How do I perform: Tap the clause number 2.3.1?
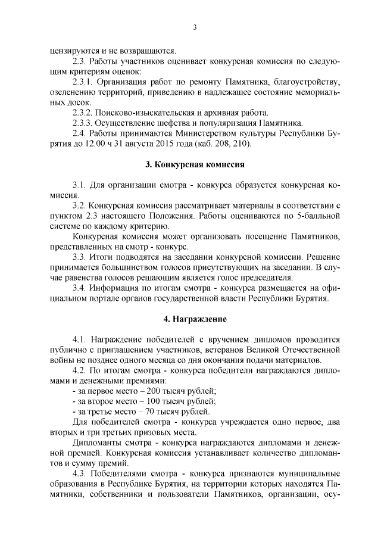click(83, 81)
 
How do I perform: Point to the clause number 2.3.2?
click(83, 112)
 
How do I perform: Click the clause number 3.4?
click(80, 288)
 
